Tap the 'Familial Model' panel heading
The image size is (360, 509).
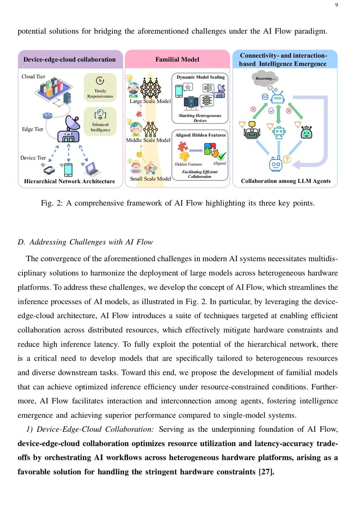coord(177,59)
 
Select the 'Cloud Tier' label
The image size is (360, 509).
coord(34,77)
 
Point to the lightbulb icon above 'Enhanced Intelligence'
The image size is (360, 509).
coord(100,114)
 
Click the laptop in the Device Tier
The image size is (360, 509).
coord(91,169)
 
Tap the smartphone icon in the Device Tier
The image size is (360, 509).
coord(68,170)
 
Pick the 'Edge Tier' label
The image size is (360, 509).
coord(33,129)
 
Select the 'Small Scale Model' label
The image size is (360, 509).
coord(150,179)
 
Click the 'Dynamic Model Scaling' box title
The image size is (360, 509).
coord(201,77)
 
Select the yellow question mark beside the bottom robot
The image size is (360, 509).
coord(287,159)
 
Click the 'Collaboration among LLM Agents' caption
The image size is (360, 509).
coord(285,181)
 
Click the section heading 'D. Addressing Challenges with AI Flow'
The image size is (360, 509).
coord(85,242)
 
